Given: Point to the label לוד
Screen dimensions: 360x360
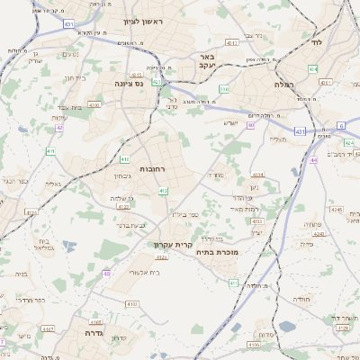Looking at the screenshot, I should coord(316,42).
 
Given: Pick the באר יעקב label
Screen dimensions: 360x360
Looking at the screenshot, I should coord(205,60).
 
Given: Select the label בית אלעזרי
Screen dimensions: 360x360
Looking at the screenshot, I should coord(144,271).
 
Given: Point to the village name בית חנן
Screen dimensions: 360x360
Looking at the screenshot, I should coord(74,78).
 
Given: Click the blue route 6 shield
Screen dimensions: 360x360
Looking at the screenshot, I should coord(341,125).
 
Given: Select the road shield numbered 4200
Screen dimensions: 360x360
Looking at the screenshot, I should coord(94,104).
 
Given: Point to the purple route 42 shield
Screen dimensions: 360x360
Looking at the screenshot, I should coord(59,128).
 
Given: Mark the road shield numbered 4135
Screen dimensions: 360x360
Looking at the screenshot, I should coord(30,212).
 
